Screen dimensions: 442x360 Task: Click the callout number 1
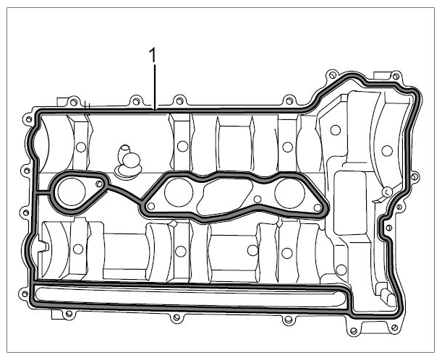tap(153, 55)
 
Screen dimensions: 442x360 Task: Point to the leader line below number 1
tap(155, 87)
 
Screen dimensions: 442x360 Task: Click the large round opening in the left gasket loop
tap(72, 192)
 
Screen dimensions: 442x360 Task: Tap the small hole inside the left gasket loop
tap(99, 184)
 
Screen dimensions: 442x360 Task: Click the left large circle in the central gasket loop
tap(179, 192)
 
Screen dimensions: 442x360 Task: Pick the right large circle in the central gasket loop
tap(289, 194)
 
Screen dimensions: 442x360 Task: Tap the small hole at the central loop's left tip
tap(151, 206)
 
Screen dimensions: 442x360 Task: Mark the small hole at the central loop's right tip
tap(318, 208)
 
